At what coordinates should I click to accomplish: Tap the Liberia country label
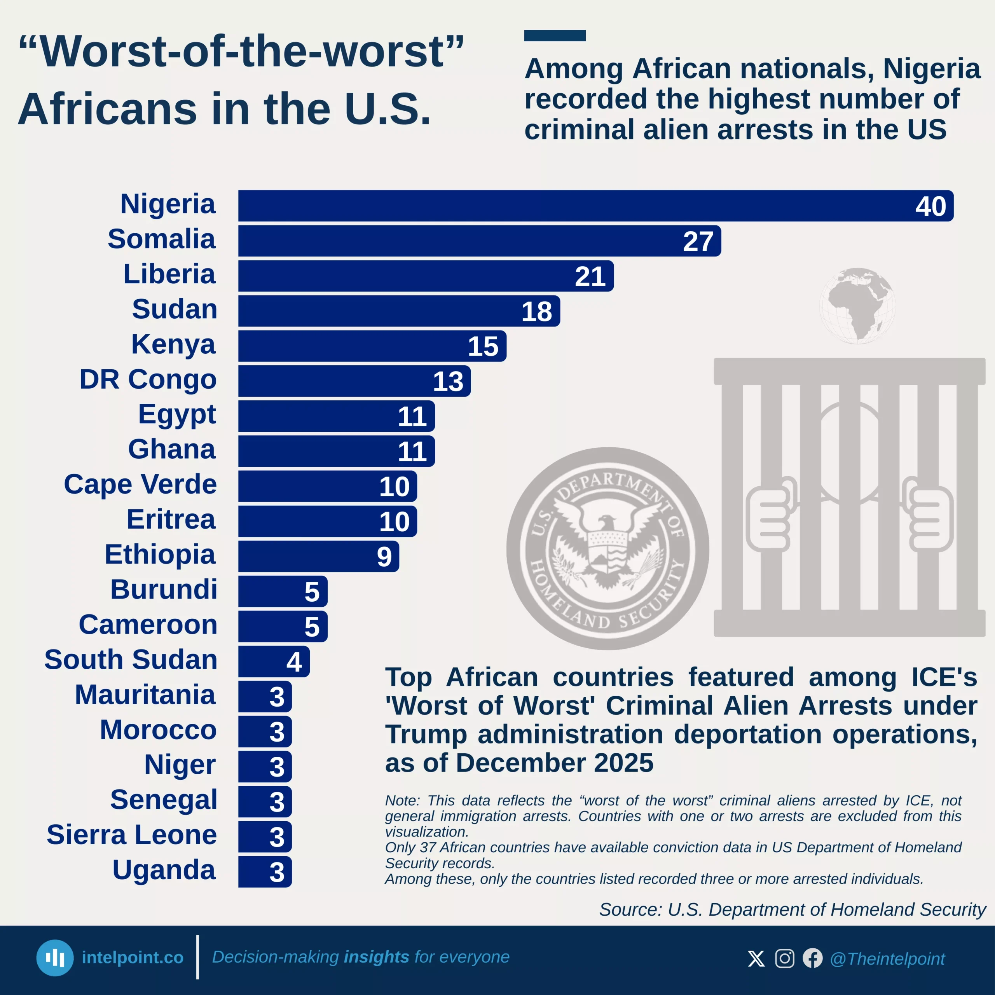tap(169, 274)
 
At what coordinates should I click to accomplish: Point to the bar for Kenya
tap(372, 346)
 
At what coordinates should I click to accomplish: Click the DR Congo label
tap(148, 380)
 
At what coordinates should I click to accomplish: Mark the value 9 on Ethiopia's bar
tap(384, 557)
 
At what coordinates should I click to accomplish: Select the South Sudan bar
tap(274, 661)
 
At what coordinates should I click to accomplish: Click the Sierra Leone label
tap(132, 835)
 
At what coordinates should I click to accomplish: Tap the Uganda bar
tap(265, 872)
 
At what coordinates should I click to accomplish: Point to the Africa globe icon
tap(857, 305)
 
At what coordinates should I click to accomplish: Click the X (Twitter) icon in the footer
tap(756, 958)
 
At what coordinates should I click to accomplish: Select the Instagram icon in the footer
tap(784, 958)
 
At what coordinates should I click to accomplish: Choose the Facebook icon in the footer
tap(813, 958)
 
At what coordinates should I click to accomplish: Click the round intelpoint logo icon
tap(54, 958)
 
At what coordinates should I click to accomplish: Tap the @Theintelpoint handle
tap(887, 959)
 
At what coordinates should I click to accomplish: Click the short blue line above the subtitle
tap(555, 35)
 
